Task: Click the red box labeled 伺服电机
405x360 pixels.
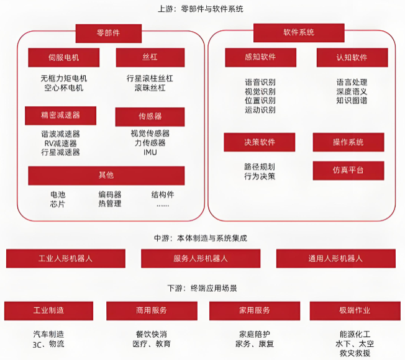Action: pos(64,58)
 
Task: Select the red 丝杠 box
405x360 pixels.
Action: pos(150,58)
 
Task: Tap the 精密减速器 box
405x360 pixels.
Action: pos(60,115)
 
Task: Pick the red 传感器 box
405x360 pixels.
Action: pos(150,117)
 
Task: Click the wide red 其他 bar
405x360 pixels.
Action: pos(106,176)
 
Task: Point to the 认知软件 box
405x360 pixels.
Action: pos(352,58)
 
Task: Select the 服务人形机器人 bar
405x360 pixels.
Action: pos(200,258)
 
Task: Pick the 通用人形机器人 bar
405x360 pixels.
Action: pos(335,258)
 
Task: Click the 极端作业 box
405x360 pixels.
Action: pos(355,310)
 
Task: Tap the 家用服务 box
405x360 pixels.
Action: pos(254,310)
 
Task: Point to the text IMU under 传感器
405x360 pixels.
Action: pos(150,152)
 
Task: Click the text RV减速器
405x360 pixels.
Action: pos(60,143)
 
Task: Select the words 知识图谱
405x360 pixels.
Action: pos(352,101)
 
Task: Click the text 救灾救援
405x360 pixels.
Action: pos(355,353)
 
